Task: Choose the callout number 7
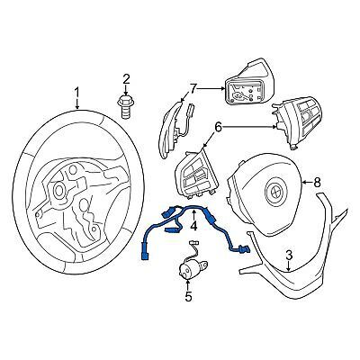(x=191, y=88)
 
